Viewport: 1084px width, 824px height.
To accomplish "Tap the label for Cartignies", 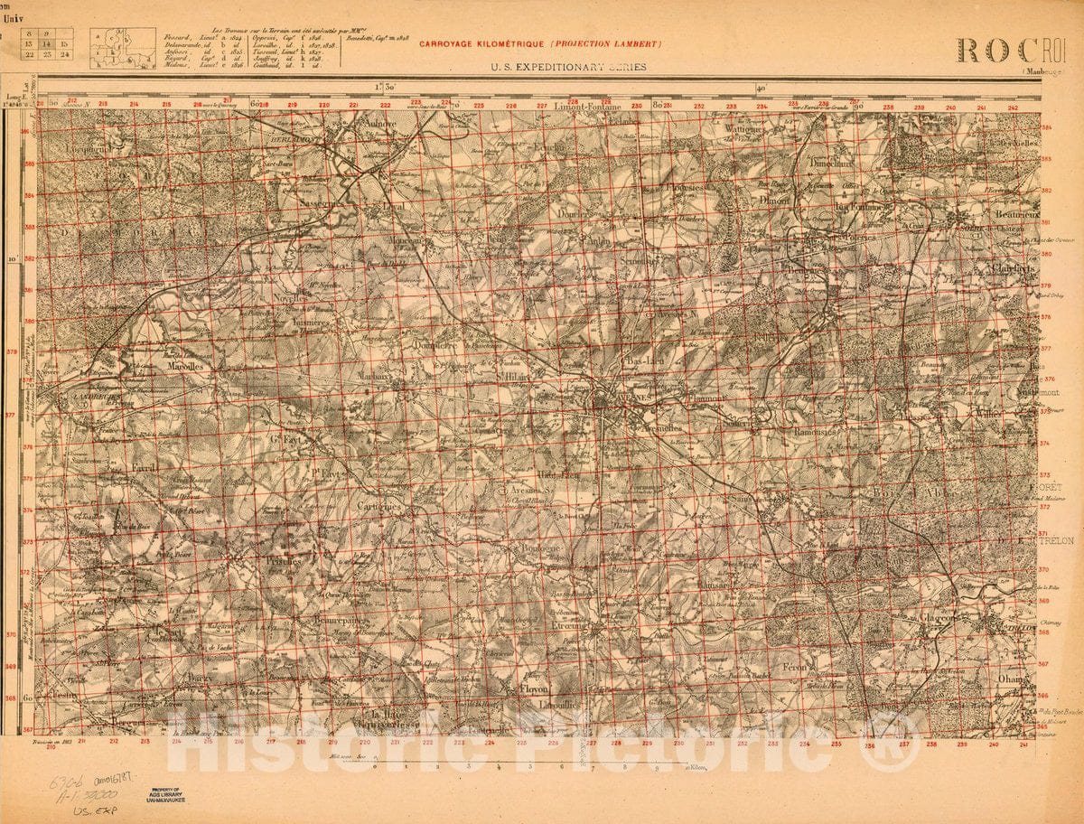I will pos(378,506).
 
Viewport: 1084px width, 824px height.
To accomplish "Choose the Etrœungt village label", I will pos(570,625).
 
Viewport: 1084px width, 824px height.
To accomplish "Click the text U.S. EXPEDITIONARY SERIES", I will pos(569,67).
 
